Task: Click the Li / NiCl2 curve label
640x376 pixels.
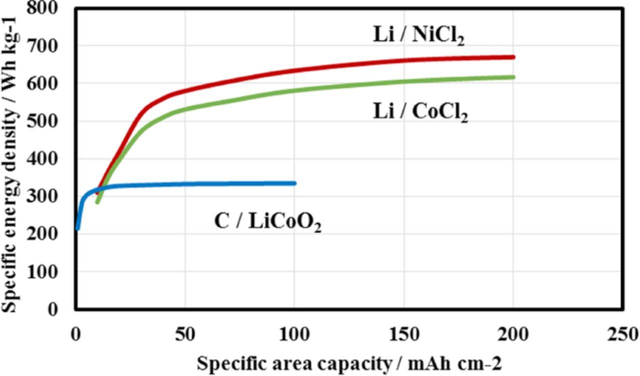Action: coord(418,35)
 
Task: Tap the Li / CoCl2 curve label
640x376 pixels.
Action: coord(420,112)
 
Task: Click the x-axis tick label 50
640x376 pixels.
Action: coord(185,334)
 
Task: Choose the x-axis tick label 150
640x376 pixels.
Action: coord(404,334)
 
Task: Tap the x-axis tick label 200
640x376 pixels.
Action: coord(513,334)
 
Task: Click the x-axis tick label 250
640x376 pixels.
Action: coord(622,334)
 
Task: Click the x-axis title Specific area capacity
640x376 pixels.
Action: coord(349,363)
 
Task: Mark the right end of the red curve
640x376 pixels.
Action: coord(513,57)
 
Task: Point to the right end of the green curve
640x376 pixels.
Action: coord(513,77)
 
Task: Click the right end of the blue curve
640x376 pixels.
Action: coord(294,183)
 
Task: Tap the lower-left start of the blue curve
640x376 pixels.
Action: coord(77,229)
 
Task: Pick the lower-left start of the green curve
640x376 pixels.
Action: coord(97,202)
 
